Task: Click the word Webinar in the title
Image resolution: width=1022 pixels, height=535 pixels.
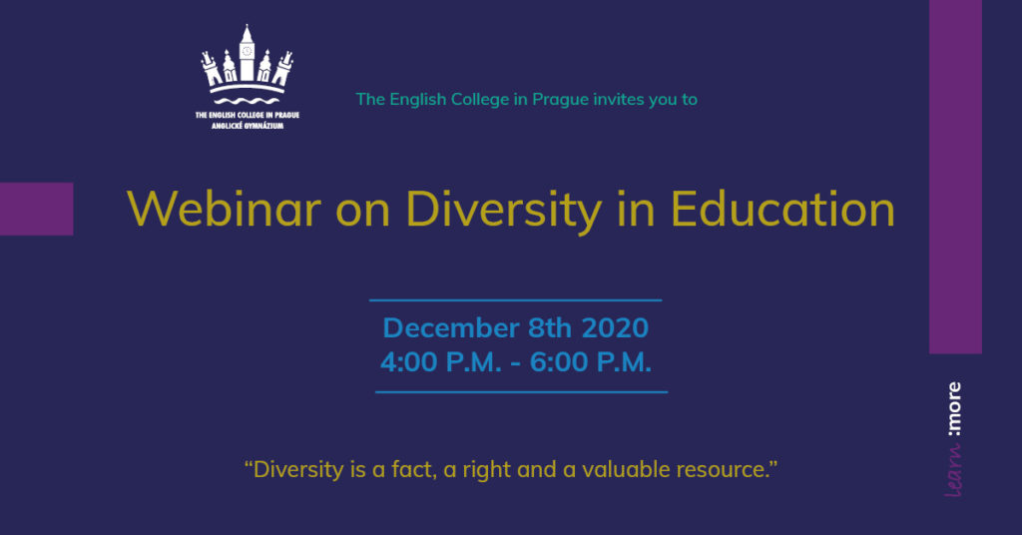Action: point(225,210)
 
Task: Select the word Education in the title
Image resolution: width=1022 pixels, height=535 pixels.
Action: point(782,210)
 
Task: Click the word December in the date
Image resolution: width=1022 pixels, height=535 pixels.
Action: point(451,327)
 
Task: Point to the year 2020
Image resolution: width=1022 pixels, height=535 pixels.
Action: point(615,327)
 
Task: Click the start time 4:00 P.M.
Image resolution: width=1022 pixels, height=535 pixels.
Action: point(441,362)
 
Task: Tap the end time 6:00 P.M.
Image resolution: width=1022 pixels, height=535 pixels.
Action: point(591,362)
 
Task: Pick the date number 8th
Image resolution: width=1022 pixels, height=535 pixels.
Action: point(550,327)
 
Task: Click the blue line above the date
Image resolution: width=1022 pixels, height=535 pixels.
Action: point(516,300)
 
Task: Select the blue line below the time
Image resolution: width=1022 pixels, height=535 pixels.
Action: point(521,392)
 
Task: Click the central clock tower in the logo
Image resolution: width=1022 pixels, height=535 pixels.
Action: point(247,54)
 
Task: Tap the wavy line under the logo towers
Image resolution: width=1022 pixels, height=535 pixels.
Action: point(247,101)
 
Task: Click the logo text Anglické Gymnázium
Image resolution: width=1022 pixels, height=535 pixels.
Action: point(248,125)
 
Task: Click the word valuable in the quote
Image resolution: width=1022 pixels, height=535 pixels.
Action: point(626,469)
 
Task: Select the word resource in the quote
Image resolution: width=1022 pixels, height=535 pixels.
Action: point(721,470)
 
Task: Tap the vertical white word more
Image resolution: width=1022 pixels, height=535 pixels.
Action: point(954,409)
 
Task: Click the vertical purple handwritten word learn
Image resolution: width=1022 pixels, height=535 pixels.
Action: point(953,470)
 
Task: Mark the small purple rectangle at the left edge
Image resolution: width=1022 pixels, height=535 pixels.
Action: point(37,209)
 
